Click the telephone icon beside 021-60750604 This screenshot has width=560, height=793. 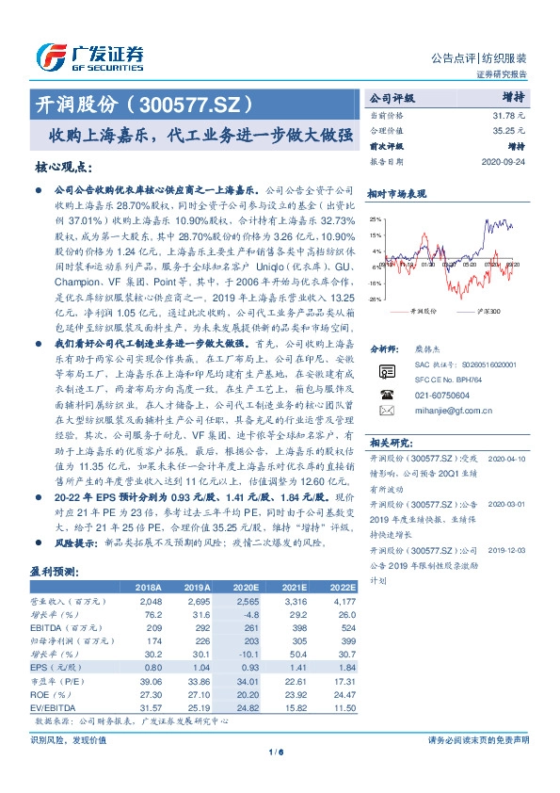pos(387,396)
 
